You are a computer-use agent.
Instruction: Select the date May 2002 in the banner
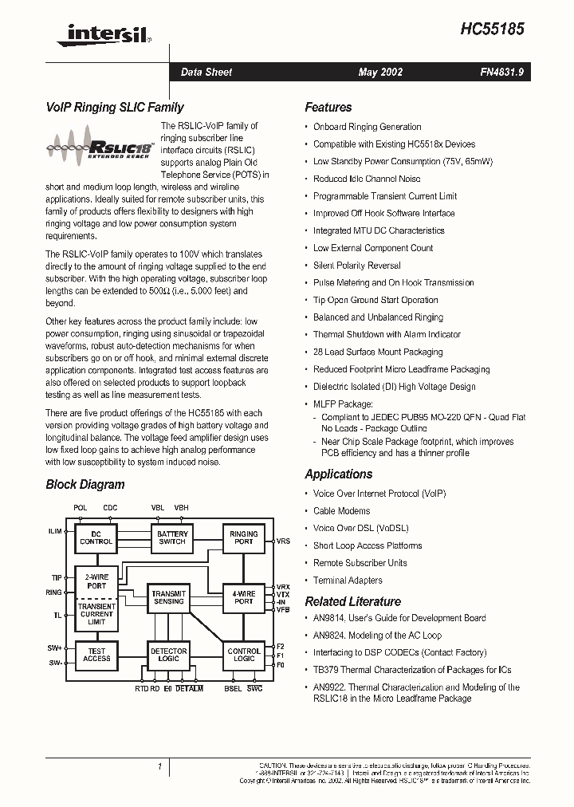pyautogui.click(x=380, y=73)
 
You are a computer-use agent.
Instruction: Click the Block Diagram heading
pyautogui.click(x=85, y=484)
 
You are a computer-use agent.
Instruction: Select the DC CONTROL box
pyautogui.click(x=96, y=537)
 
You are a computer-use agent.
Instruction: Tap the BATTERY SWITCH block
pyautogui.click(x=172, y=537)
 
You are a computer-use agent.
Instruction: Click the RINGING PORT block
pyautogui.click(x=243, y=537)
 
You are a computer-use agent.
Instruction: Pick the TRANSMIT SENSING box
pyautogui.click(x=169, y=597)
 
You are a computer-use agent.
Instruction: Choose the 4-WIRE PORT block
pyautogui.click(x=243, y=597)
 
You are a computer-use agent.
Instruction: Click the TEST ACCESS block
pyautogui.click(x=96, y=655)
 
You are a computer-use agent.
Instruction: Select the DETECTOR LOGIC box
pyautogui.click(x=169, y=655)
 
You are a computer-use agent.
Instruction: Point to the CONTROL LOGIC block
pyautogui.click(x=243, y=655)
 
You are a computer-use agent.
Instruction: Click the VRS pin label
pyautogui.click(x=283, y=541)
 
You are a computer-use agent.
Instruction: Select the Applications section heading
pyautogui.click(x=339, y=474)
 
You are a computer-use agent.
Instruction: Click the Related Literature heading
pyautogui.click(x=352, y=601)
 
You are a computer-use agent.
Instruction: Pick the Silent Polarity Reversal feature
pyautogui.click(x=356, y=266)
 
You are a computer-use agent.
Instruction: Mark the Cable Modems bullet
pyautogui.click(x=341, y=511)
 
